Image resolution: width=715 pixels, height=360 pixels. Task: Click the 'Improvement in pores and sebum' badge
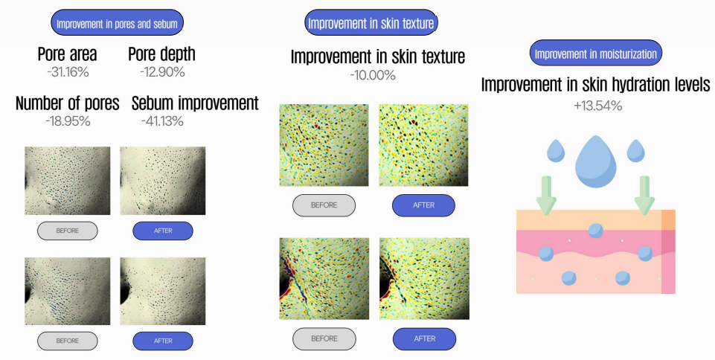tap(118, 23)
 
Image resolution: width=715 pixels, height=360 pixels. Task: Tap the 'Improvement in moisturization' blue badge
tap(595, 54)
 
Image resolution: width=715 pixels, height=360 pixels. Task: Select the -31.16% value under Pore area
tap(68, 72)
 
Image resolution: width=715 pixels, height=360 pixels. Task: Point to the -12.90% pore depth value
tap(162, 72)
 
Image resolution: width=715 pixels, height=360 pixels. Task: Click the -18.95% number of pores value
tap(68, 121)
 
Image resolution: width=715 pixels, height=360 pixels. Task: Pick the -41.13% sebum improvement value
tap(162, 121)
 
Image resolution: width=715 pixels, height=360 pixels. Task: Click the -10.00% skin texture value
tap(373, 75)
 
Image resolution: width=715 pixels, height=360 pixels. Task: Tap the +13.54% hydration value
tap(597, 106)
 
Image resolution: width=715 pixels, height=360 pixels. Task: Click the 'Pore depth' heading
tap(162, 54)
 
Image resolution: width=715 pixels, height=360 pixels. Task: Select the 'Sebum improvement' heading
tap(195, 103)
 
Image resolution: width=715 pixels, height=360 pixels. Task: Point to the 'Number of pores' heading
tap(68, 103)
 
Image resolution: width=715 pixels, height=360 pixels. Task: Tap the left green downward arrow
tap(546, 195)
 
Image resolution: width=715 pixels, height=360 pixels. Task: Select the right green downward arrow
tap(644, 195)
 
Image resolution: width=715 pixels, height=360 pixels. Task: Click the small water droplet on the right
tap(635, 151)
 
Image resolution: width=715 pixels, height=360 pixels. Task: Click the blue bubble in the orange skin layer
tap(595, 231)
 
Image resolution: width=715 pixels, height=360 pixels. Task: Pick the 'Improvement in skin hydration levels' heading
tap(595, 85)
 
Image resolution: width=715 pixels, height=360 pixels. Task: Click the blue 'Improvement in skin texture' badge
tap(371, 23)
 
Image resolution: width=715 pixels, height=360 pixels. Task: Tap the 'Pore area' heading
tap(68, 54)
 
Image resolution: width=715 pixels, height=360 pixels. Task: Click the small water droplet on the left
tap(555, 151)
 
